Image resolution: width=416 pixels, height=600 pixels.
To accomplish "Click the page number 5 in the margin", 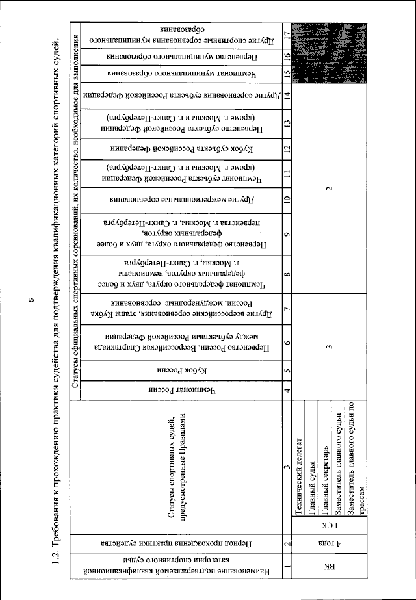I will click(x=31, y=300).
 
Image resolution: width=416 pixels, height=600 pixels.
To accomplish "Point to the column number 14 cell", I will click(x=287, y=96).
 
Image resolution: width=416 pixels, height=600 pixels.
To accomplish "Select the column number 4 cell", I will click(x=287, y=390).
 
